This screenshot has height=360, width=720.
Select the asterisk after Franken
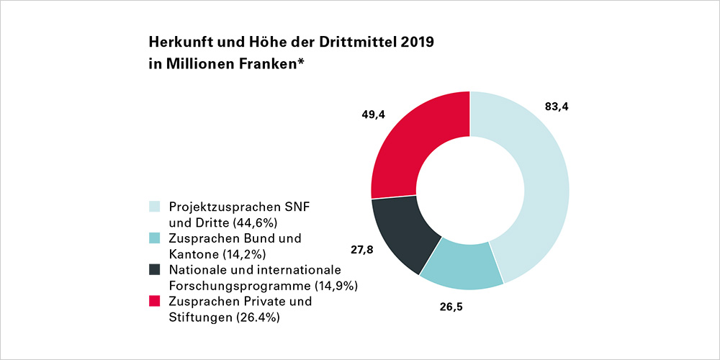(x=301, y=61)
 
